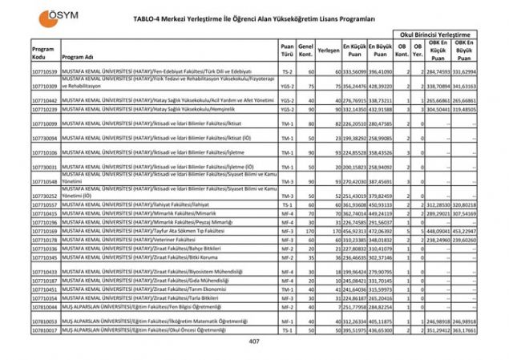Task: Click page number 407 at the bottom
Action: coord(254,342)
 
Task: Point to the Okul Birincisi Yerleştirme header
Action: coord(435,36)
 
